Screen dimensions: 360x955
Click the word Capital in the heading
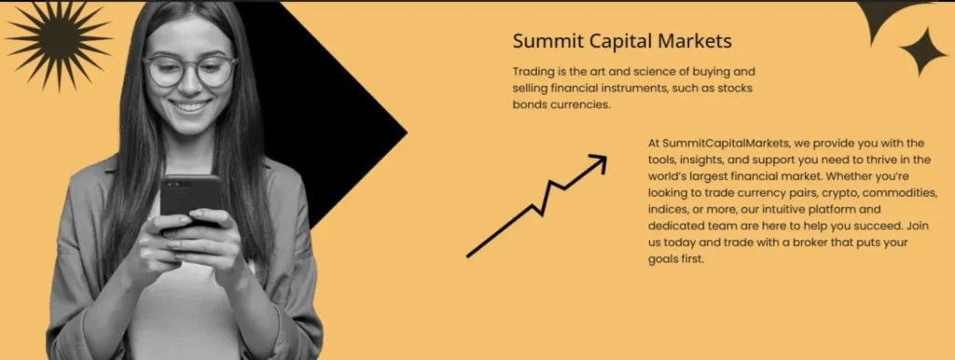622,41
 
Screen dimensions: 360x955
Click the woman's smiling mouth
191,106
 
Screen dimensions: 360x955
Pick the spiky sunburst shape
58,43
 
